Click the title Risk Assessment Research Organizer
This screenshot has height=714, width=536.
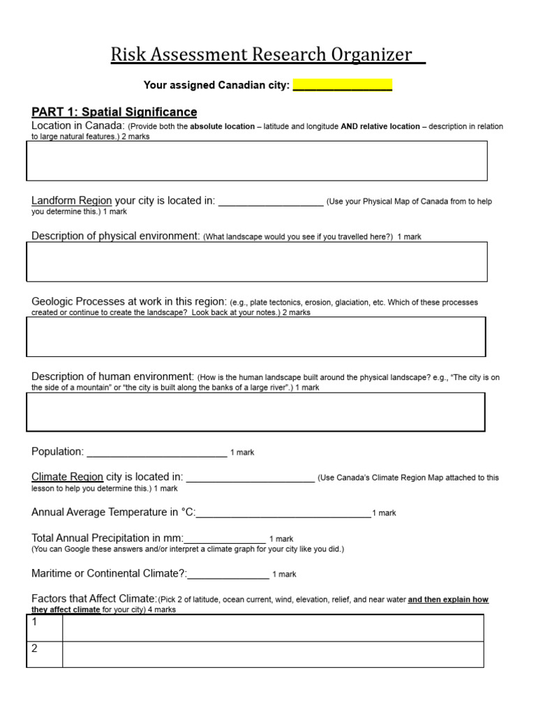[x=267, y=55]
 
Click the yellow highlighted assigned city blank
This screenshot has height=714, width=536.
[x=342, y=86]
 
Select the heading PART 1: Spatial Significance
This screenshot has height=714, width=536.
[x=114, y=112]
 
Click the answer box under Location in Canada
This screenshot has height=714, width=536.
[x=257, y=161]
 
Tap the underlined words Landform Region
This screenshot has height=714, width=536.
[x=71, y=201]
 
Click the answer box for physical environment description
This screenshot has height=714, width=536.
[x=257, y=261]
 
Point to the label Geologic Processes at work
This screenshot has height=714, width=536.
[x=129, y=302]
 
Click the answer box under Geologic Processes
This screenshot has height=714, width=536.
[x=256, y=337]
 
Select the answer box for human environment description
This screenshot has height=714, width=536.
[x=256, y=412]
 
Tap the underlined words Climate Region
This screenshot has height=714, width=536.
[x=67, y=477]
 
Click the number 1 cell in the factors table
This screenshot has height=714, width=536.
[x=44, y=628]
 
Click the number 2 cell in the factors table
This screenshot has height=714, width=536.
[x=44, y=654]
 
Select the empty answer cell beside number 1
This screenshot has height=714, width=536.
[x=272, y=628]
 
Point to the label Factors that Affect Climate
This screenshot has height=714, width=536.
[x=94, y=599]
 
